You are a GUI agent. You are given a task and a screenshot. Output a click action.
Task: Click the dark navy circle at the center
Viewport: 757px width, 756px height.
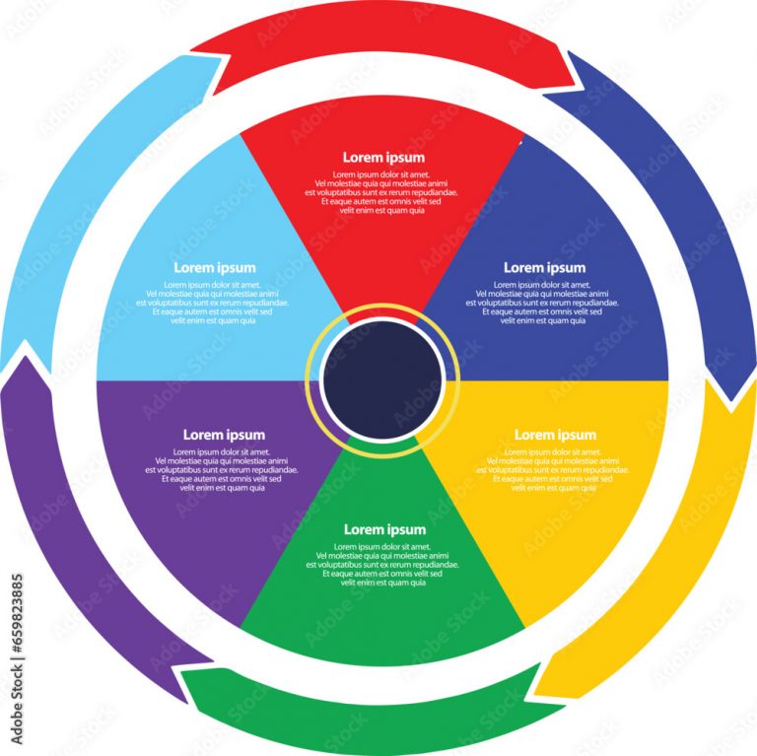pyautogui.click(x=382, y=379)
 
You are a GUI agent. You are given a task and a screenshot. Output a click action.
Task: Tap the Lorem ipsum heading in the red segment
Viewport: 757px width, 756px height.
pyautogui.click(x=383, y=158)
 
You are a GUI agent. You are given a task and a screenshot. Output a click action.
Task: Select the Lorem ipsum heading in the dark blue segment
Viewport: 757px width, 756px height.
pyautogui.click(x=544, y=268)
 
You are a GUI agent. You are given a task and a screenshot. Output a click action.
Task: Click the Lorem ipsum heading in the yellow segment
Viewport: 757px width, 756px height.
pyautogui.click(x=555, y=435)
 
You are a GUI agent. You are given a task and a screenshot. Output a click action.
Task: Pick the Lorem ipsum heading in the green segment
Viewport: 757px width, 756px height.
pyautogui.click(x=384, y=530)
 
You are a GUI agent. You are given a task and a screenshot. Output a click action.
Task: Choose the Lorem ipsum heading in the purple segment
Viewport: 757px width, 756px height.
pyautogui.click(x=224, y=435)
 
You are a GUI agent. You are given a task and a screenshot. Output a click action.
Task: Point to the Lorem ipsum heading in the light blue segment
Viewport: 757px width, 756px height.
pyautogui.click(x=215, y=268)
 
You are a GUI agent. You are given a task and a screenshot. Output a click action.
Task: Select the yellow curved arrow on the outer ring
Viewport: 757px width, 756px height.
pyautogui.click(x=680, y=552)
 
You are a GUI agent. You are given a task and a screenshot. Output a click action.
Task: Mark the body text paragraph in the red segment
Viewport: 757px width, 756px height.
pyautogui.click(x=383, y=192)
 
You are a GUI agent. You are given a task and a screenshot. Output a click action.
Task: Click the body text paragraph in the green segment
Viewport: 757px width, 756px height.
pyautogui.click(x=384, y=565)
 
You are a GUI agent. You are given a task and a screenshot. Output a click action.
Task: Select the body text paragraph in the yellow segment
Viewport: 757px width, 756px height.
pyautogui.click(x=555, y=469)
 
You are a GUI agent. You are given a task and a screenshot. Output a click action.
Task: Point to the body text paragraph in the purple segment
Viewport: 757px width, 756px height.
pyautogui.click(x=223, y=469)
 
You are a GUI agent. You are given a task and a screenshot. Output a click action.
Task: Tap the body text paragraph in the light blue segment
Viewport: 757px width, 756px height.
pyautogui.click(x=215, y=303)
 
